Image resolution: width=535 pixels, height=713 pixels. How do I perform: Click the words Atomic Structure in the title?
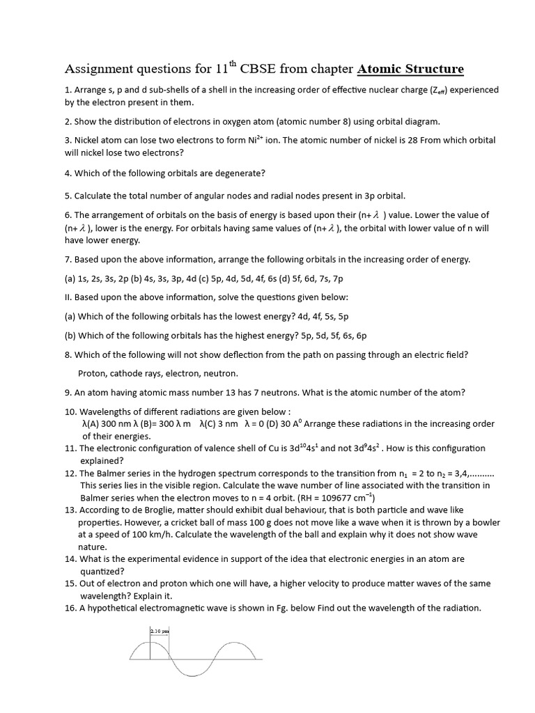point(410,69)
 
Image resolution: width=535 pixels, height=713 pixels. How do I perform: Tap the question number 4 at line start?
point(68,173)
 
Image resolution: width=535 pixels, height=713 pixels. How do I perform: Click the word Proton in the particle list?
point(93,373)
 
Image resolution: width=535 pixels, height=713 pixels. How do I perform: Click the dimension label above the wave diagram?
point(160,632)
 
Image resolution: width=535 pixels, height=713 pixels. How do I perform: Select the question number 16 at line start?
point(70,608)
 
